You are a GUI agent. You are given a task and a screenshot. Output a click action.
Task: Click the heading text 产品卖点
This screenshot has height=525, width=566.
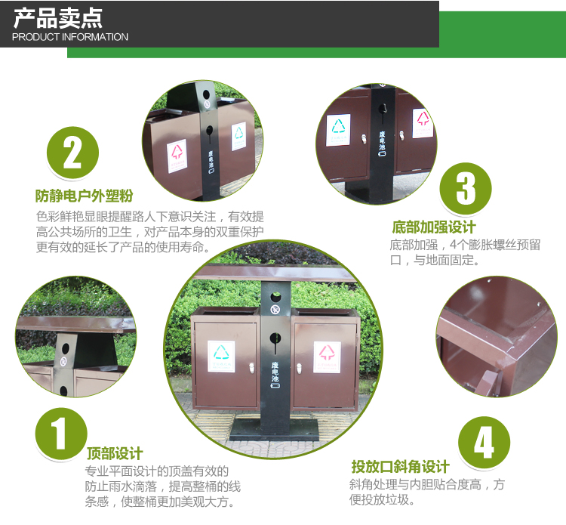57,17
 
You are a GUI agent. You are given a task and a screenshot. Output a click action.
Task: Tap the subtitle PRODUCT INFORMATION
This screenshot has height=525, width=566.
70,37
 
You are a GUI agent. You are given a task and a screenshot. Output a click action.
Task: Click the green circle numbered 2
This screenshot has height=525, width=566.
72,153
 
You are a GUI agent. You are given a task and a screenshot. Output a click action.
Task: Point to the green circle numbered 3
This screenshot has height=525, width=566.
466,189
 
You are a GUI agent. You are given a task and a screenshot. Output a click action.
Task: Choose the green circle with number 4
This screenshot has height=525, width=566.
484,442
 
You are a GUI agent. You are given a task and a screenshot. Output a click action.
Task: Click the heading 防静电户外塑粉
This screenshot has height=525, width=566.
84,196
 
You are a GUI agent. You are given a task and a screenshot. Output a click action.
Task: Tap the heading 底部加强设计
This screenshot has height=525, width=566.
433,227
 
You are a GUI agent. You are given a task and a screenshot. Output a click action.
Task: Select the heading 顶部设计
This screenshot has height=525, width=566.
115,453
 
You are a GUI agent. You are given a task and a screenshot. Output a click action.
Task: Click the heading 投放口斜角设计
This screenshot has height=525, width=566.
399,466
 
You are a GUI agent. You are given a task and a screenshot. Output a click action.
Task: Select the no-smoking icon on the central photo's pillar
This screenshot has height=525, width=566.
275,309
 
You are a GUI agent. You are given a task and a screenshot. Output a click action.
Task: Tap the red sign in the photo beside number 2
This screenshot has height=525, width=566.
177,153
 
